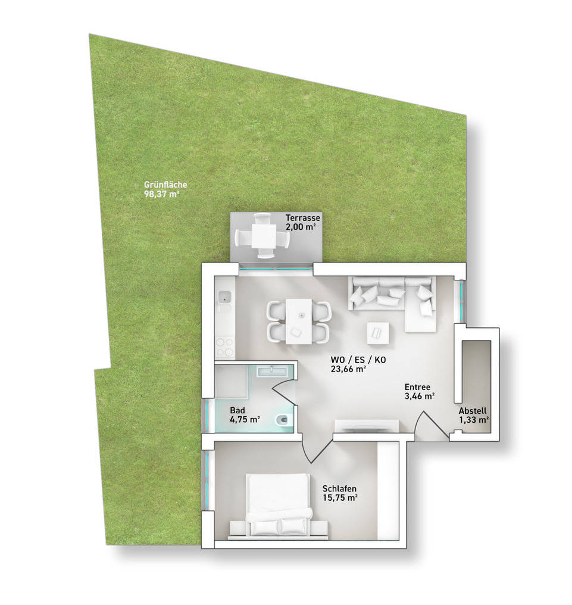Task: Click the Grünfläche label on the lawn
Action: point(165,185)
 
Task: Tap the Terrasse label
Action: point(303,218)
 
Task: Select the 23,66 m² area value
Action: point(348,369)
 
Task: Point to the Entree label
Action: point(417,387)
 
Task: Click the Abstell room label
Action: point(473,411)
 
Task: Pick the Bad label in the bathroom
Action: point(237,410)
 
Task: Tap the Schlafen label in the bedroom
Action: point(339,489)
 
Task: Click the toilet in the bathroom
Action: point(284,419)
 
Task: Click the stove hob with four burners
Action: point(225,347)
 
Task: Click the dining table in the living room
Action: point(299,321)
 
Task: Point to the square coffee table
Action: point(377,333)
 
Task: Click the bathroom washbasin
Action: point(272,371)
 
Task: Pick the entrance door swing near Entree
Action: point(432,426)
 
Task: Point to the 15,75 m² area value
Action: point(340,498)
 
